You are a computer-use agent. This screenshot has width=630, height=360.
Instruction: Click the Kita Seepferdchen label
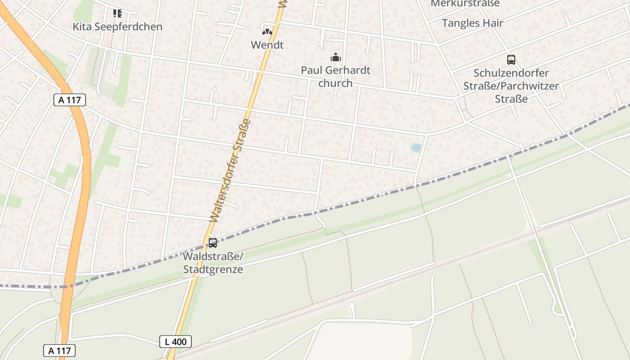(117, 27)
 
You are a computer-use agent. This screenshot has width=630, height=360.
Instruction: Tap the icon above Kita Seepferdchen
(117, 13)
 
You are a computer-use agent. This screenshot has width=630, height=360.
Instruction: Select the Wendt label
(267, 45)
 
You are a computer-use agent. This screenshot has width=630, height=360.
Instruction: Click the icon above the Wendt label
(267, 32)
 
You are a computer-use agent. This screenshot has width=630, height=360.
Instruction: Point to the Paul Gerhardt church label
(335, 76)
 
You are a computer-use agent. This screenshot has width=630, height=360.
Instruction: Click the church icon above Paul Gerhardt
(335, 57)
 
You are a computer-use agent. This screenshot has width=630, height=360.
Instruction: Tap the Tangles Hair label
(472, 23)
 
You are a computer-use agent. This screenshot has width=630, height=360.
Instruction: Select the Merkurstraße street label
(465, 4)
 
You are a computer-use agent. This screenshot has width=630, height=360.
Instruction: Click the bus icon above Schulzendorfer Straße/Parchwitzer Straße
(511, 59)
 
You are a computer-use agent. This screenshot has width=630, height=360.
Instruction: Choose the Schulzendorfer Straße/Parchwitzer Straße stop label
(511, 85)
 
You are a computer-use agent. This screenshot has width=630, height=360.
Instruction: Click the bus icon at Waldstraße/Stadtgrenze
(213, 243)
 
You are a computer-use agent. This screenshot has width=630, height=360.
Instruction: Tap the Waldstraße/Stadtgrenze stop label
(213, 263)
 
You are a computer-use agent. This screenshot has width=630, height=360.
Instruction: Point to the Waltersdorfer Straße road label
(230, 171)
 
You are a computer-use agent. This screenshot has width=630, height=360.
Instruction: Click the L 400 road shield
(175, 342)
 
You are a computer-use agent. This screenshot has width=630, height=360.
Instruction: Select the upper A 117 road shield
(70, 100)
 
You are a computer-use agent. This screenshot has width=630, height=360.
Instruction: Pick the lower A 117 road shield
(59, 351)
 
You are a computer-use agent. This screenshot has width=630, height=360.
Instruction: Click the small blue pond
(416, 147)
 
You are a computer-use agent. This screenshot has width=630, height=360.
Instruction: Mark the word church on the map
(335, 83)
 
